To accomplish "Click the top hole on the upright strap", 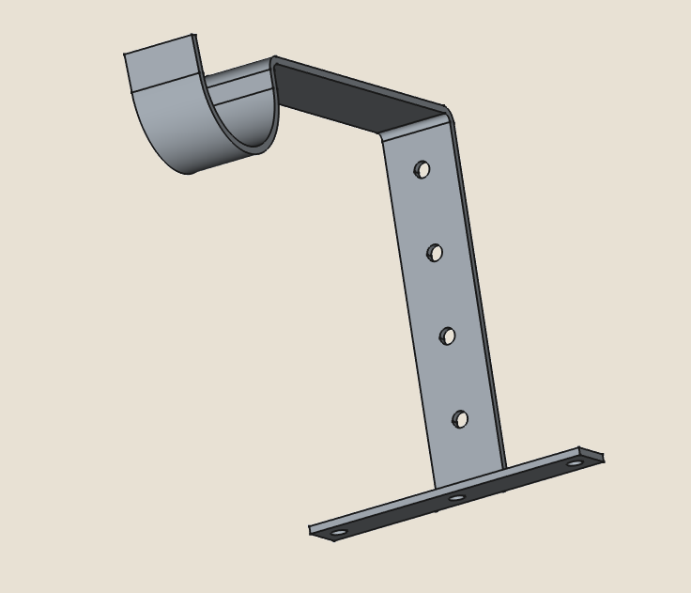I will (x=422, y=169).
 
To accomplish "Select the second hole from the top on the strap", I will (x=435, y=253).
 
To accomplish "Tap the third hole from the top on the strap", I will (x=448, y=336).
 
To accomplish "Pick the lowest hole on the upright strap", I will (x=460, y=419).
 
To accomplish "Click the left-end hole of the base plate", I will (x=339, y=532).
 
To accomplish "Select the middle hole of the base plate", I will (x=456, y=497).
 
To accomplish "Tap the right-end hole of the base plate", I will (x=575, y=462).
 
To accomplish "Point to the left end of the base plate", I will (x=314, y=531).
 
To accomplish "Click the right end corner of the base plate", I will (x=601, y=458).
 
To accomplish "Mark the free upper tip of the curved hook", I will (x=160, y=45).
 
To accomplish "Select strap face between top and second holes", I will (x=427, y=211).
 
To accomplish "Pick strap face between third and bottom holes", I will (x=453, y=378).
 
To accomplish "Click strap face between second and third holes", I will (x=440, y=294).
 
